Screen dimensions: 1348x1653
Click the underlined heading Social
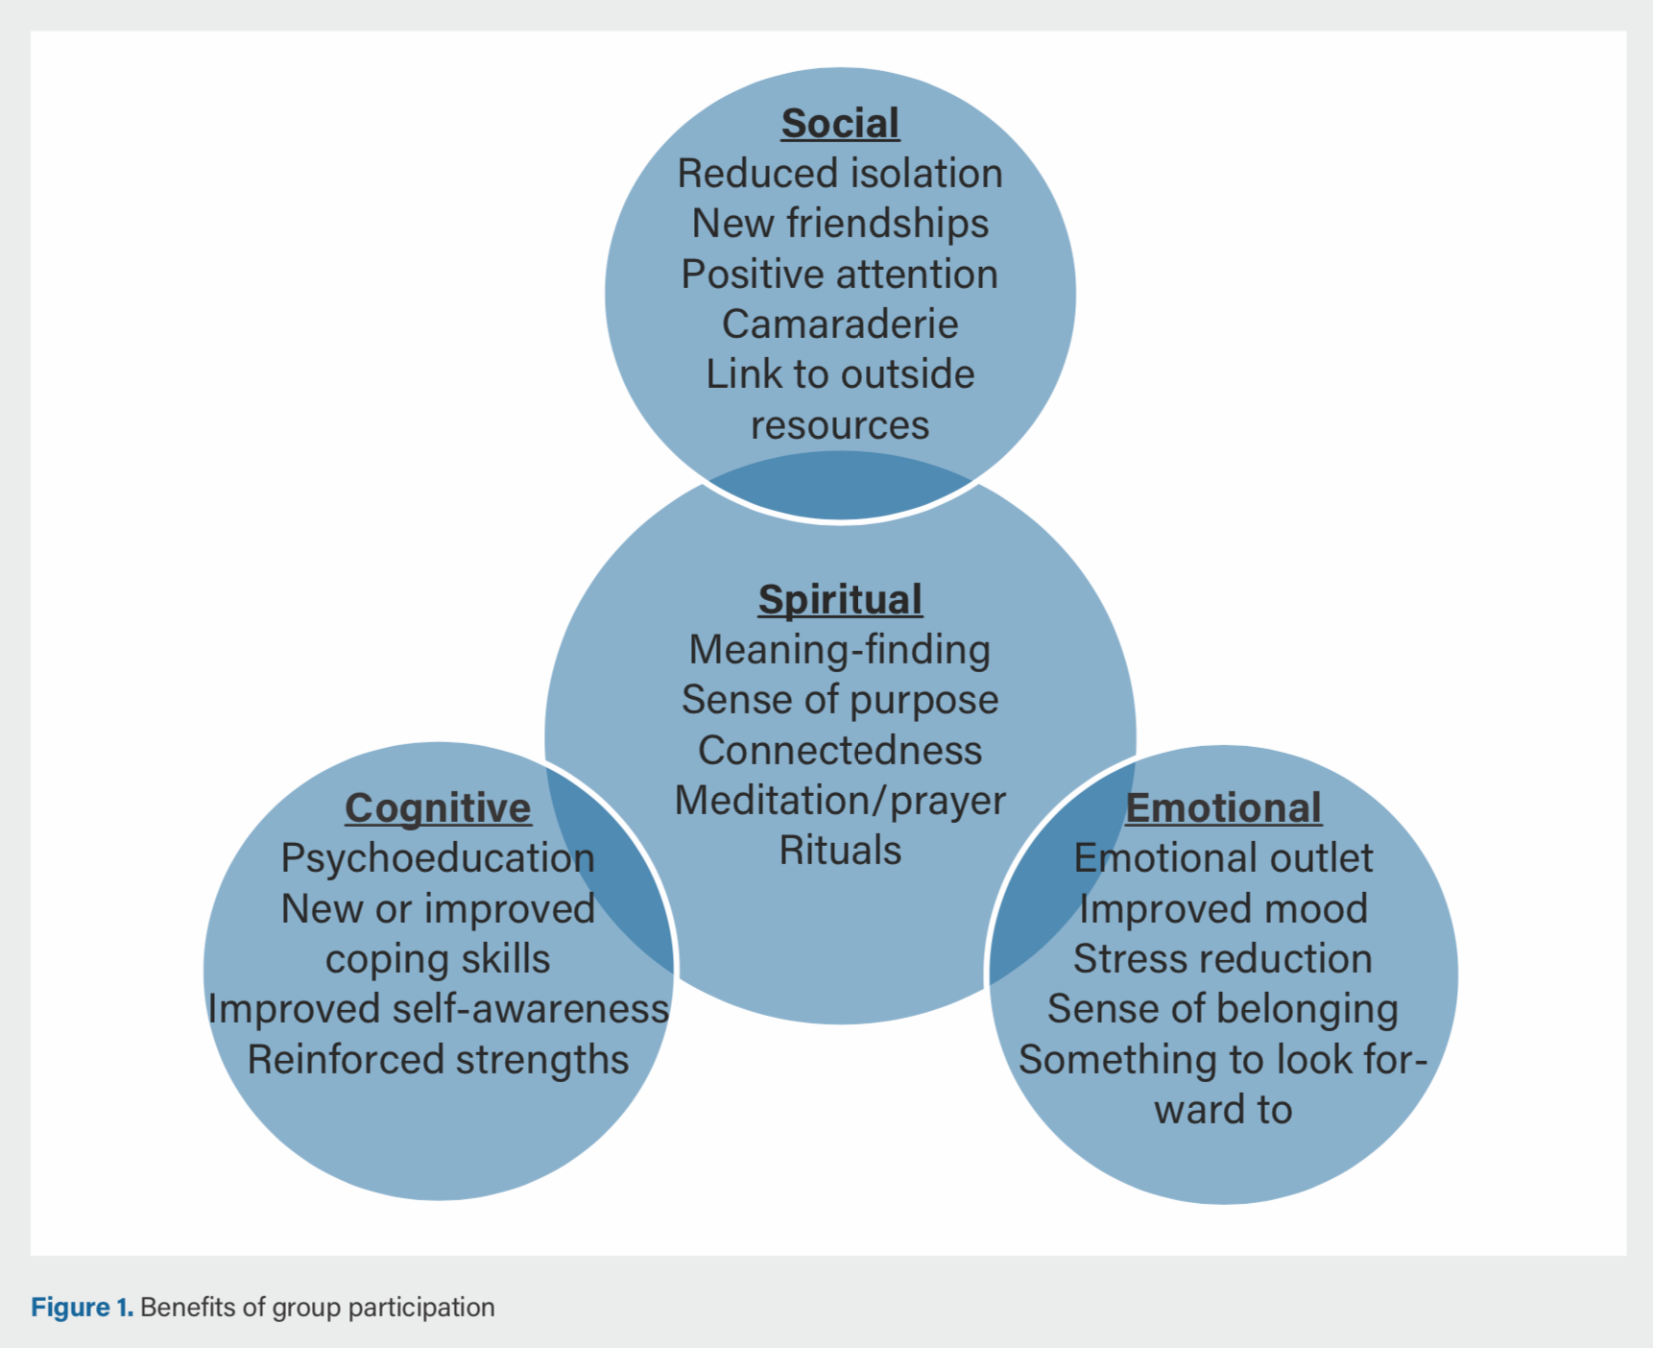click(x=840, y=123)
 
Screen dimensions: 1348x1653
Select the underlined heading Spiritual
click(x=840, y=599)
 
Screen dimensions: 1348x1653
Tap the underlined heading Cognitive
click(x=438, y=807)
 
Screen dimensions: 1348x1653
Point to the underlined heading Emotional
click(x=1223, y=807)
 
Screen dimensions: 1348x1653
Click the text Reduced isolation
click(x=840, y=174)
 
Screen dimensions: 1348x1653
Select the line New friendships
click(x=840, y=224)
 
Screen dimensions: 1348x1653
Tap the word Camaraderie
click(x=840, y=325)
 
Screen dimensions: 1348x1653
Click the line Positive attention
click(x=840, y=275)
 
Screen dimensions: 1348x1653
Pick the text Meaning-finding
click(x=840, y=650)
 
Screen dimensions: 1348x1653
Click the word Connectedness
click(x=840, y=751)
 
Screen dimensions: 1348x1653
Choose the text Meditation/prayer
click(x=840, y=801)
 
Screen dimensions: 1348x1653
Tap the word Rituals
click(x=840, y=851)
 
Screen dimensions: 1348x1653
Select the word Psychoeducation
click(x=438, y=858)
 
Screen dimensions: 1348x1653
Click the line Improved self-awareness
click(x=438, y=1009)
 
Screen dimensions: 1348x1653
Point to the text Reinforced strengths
click(x=438, y=1060)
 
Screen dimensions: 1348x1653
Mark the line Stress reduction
click(x=1223, y=959)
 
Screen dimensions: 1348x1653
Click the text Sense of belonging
click(x=1223, y=1009)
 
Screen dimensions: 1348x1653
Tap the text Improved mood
click(x=1223, y=909)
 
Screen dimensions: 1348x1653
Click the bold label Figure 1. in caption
click(x=82, y=1308)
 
